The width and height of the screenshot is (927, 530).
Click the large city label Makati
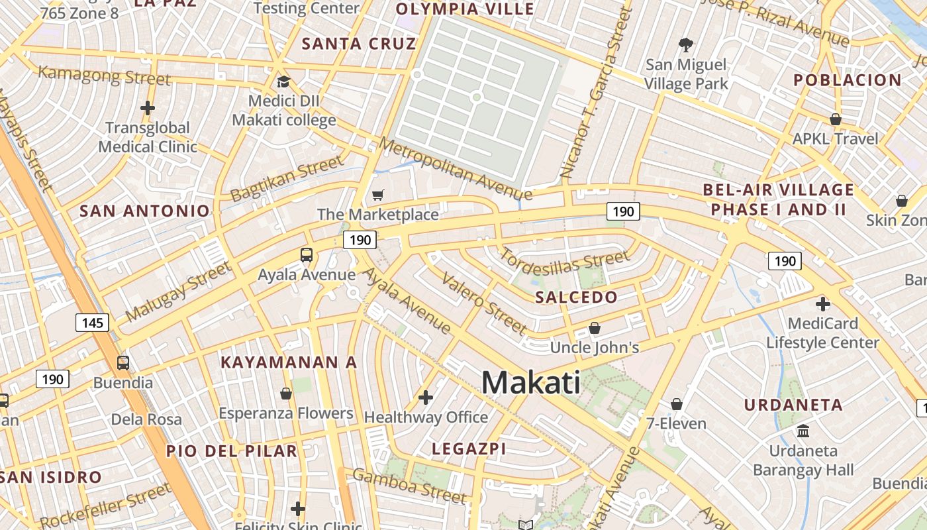[x=530, y=383]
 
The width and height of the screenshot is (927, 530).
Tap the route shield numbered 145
[x=92, y=323]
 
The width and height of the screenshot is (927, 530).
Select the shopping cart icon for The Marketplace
[x=377, y=195]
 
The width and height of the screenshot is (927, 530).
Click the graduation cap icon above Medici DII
[x=283, y=82]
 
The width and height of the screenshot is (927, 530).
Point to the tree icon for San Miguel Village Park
[x=686, y=45]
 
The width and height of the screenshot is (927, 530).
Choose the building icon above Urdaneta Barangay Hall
[x=803, y=431]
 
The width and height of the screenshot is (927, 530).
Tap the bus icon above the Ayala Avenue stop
[x=306, y=254]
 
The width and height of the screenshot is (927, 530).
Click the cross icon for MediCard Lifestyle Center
[x=822, y=304]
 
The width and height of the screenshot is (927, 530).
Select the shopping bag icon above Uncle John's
[x=595, y=329]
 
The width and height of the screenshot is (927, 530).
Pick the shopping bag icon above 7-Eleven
[x=676, y=404]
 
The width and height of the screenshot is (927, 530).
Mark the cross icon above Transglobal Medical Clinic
[x=147, y=107]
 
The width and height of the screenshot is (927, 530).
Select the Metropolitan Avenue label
[x=455, y=168]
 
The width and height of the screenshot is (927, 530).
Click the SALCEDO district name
[x=576, y=297]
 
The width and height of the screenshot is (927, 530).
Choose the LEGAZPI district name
[x=469, y=449]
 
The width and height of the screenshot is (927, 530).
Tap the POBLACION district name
[x=848, y=80]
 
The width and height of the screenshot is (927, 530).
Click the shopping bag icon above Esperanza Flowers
[x=286, y=394]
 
